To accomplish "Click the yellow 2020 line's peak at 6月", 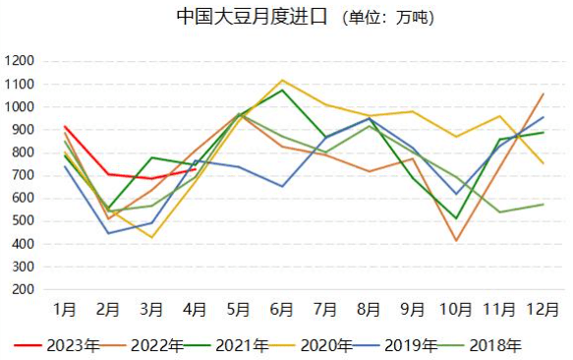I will pos(283,80).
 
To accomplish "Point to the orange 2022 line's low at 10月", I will pos(456,241).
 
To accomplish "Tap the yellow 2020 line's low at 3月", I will pos(152,237).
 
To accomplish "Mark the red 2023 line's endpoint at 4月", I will pos(196,169).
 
